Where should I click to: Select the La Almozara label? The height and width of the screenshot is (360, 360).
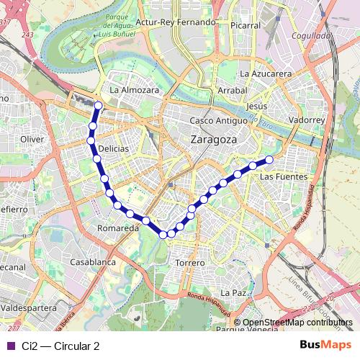134,91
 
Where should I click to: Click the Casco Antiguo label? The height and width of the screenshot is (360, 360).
217,121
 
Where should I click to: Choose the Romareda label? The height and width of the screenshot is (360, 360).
117,228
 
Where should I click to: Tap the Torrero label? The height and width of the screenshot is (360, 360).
190,264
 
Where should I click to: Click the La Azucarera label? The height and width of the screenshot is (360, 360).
265,73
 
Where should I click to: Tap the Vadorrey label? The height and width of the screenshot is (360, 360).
307,120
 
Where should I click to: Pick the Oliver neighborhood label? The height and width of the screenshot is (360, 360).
33,139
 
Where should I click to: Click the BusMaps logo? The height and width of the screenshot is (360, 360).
325,345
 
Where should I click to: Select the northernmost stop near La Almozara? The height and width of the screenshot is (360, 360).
98,107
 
